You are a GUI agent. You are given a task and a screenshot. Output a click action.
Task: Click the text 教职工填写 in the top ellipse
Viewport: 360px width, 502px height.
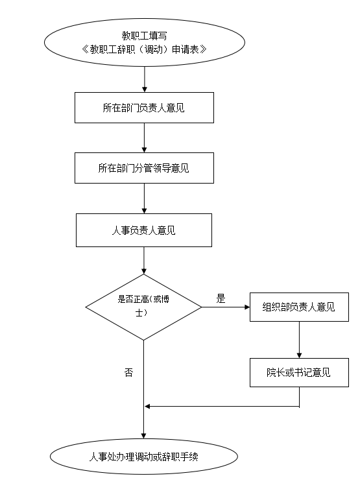coord(144,36)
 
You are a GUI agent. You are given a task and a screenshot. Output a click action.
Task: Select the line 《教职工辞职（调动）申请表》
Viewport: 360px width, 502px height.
coord(144,49)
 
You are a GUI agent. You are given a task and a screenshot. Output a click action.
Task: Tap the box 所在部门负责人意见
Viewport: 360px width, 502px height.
coord(144,108)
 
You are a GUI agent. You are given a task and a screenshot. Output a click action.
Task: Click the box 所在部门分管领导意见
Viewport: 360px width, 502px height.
coord(144,168)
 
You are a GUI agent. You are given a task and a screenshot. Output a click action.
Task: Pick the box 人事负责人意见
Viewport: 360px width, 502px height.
coord(144,230)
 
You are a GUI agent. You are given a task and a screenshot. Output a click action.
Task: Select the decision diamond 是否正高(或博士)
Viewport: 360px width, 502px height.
coord(143,307)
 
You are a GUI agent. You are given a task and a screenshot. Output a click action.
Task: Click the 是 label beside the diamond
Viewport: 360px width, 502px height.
coord(221,298)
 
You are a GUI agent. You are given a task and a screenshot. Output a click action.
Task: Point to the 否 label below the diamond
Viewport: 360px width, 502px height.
coord(128,372)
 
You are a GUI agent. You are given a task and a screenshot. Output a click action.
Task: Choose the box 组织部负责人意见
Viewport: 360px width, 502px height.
coord(299,307)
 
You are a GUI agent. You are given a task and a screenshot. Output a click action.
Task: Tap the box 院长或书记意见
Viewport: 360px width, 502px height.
coord(299,372)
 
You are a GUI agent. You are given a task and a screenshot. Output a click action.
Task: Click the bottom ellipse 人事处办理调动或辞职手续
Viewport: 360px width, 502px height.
coord(144,456)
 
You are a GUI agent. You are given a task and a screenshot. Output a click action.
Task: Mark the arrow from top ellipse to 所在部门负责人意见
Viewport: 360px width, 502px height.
coord(145,79)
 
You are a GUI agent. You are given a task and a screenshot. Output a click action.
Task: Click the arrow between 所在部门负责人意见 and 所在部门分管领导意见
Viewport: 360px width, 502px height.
coord(144,137)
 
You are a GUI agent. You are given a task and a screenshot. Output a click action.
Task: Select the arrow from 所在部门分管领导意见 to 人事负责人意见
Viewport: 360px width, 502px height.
coord(144,198)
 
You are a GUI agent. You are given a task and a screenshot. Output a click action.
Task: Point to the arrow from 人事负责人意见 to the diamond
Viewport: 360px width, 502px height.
coord(144,261)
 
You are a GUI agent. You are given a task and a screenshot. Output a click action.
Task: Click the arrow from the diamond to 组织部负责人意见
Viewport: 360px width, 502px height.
coord(226,307)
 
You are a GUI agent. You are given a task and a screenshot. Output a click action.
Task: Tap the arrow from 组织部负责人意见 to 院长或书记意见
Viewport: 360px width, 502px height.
coord(299,340)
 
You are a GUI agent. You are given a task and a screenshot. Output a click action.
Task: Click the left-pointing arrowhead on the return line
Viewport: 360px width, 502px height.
coord(147,406)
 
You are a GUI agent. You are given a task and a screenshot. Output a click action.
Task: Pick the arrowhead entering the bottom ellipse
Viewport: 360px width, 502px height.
coord(143,436)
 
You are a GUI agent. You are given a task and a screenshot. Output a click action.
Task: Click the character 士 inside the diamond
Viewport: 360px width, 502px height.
coord(139,313)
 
